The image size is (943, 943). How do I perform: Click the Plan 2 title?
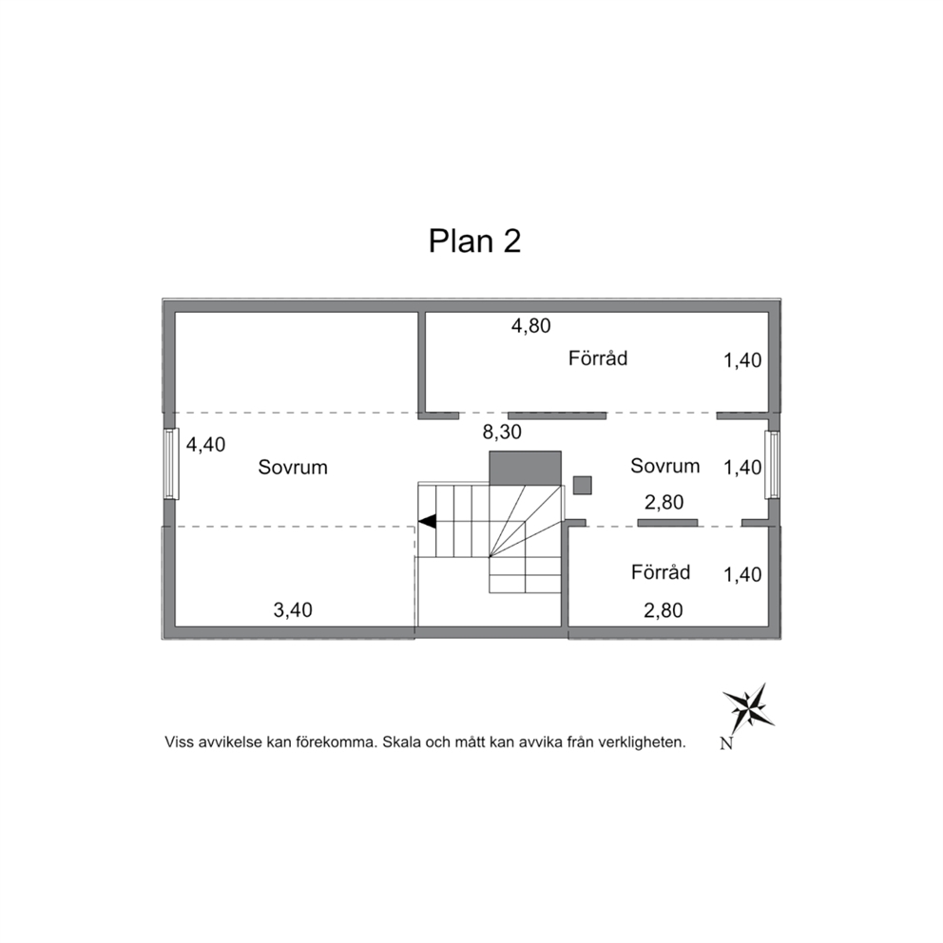click(x=474, y=241)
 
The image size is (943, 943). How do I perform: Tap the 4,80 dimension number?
click(x=531, y=326)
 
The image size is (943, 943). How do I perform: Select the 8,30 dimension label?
click(x=502, y=432)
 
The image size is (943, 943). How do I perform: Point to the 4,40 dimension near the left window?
click(x=205, y=445)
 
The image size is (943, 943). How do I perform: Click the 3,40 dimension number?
click(x=293, y=610)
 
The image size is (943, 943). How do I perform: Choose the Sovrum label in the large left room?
click(x=293, y=468)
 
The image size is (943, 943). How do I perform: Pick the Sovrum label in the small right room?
click(x=665, y=466)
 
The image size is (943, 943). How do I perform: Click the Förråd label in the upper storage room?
click(x=598, y=358)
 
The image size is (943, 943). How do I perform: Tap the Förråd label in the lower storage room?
click(x=661, y=572)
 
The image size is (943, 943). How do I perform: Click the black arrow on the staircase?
click(x=427, y=522)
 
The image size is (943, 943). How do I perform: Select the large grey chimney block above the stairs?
click(x=525, y=468)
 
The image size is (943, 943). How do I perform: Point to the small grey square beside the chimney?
click(x=582, y=485)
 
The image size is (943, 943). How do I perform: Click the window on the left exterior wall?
click(x=172, y=464)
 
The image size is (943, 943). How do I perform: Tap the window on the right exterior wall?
click(x=772, y=464)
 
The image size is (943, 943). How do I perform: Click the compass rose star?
click(x=748, y=708)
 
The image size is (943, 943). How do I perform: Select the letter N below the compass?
click(x=726, y=744)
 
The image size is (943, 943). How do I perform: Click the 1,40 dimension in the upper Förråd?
click(x=742, y=360)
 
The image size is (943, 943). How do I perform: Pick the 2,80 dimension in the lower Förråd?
click(x=664, y=610)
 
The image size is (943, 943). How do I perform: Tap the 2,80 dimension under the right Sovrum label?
click(x=664, y=502)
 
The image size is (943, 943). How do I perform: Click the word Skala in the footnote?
click(x=402, y=742)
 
